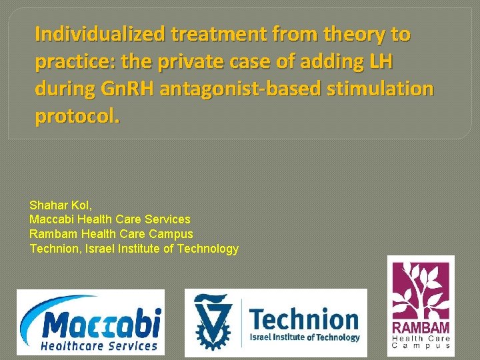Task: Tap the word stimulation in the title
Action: (x=382, y=89)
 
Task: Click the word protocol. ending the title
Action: (x=77, y=117)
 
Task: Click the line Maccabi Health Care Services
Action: (x=110, y=219)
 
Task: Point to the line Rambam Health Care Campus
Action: (x=111, y=234)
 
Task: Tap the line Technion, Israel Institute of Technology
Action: (x=134, y=249)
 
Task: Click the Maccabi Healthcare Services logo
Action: (x=91, y=322)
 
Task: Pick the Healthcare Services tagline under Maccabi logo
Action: (x=99, y=345)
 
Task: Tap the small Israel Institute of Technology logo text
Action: (x=305, y=337)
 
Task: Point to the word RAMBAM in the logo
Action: (x=421, y=328)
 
